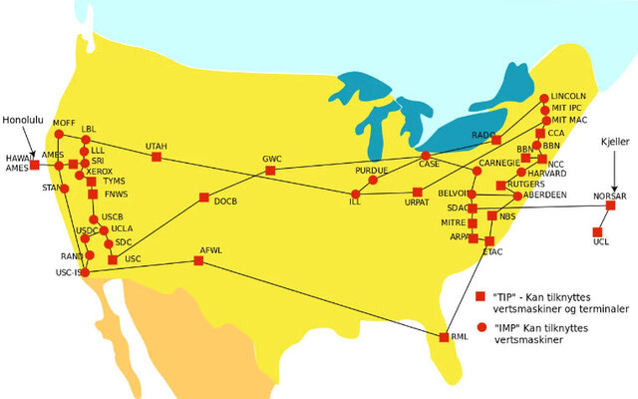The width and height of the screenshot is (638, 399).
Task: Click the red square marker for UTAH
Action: click(x=156, y=157)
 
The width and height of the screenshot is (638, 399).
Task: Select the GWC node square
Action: click(x=270, y=171)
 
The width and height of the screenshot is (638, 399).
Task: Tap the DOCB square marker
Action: click(x=203, y=198)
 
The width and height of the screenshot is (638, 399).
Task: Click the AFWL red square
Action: click(x=198, y=260)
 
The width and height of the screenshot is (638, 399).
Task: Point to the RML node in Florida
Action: click(x=445, y=337)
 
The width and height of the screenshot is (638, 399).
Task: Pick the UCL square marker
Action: click(x=598, y=231)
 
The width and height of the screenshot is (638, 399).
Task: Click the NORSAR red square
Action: click(x=611, y=205)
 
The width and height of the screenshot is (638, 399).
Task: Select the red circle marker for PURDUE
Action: click(x=373, y=180)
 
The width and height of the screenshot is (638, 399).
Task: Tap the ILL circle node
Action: click(x=354, y=193)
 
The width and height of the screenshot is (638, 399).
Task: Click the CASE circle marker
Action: click(x=426, y=157)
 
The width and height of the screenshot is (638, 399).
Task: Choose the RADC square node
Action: click(x=495, y=141)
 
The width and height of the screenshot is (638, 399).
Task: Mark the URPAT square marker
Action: click(x=417, y=192)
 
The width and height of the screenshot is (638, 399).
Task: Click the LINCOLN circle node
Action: click(x=544, y=98)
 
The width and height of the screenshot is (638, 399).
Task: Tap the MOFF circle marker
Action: click(x=58, y=134)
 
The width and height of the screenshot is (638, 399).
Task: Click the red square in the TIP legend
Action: click(x=479, y=296)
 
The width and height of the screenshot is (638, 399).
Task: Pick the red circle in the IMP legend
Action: click(x=479, y=327)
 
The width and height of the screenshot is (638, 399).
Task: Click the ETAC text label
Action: click(x=493, y=252)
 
